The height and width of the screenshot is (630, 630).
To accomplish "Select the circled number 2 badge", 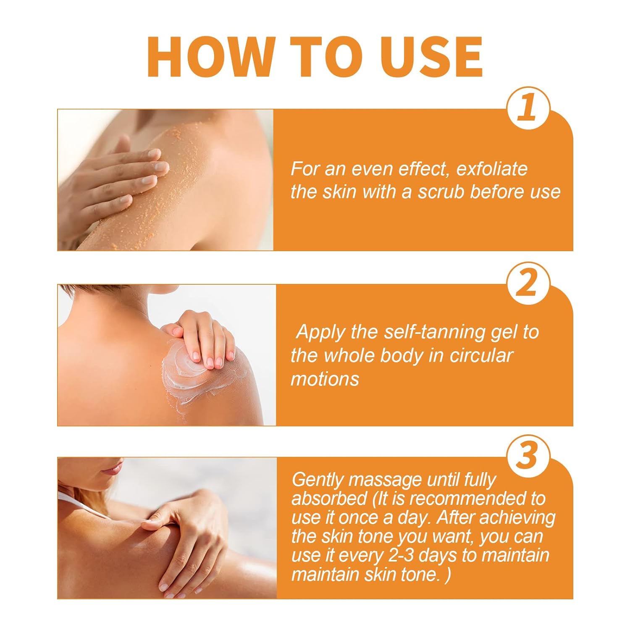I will tap(528, 283).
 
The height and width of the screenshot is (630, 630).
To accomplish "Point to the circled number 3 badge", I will tap(528, 456).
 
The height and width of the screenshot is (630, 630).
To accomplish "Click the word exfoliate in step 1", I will tap(491, 169).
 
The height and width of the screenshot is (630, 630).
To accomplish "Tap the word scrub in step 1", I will tap(441, 192).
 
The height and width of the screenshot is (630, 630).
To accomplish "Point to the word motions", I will tap(325, 379).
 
